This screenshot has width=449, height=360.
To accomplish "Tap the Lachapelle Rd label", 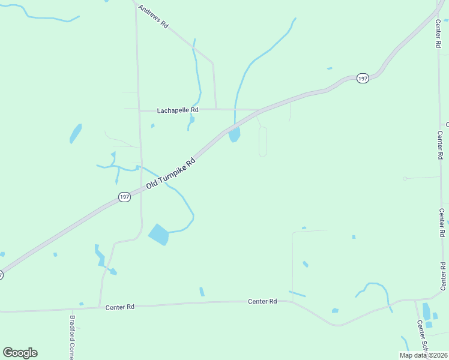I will click(x=177, y=110).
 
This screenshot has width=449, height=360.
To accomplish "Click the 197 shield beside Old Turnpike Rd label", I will click(x=124, y=197).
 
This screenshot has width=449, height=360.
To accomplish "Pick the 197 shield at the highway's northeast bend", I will click(x=362, y=79).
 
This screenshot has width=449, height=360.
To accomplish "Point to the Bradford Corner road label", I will click(x=72, y=337).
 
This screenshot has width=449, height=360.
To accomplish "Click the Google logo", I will click(x=20, y=353).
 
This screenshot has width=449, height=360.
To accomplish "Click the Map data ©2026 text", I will click(x=423, y=355).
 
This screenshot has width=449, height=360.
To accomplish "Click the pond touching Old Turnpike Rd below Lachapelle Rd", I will click(x=234, y=135).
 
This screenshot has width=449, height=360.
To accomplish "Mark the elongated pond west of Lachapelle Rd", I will click(x=75, y=133).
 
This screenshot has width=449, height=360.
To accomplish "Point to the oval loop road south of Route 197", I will click(x=262, y=142).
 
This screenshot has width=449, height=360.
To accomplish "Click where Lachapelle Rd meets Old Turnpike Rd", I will click(x=259, y=110).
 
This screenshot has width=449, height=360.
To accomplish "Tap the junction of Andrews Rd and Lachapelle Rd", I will click(x=215, y=109).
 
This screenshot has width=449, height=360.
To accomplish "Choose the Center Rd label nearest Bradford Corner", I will click(x=120, y=307).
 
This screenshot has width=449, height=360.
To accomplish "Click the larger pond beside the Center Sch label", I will click(x=426, y=311).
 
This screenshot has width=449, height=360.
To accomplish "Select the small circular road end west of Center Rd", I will click(x=405, y=178).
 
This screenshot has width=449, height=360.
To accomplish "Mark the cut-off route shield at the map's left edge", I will click(x=1, y=275).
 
